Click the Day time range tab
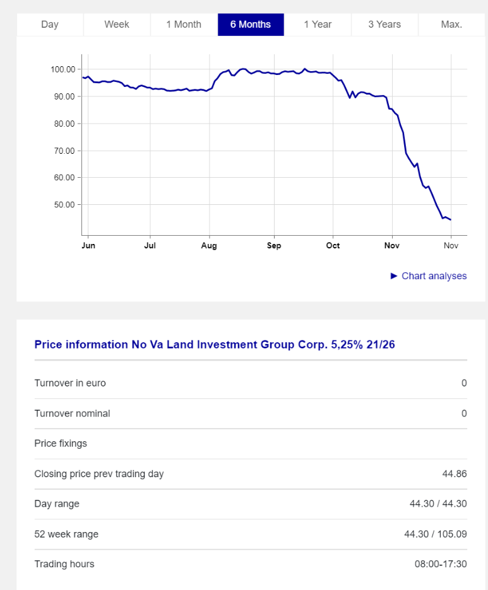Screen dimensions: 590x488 50,25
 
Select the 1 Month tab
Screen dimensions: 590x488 184,25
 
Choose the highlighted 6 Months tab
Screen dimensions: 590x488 251,25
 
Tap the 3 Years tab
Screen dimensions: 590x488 384,25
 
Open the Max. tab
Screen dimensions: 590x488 451,25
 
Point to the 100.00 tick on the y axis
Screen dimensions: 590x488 62,69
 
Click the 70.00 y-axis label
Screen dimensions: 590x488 62,151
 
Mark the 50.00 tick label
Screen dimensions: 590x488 62,205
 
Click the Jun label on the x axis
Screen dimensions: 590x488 88,246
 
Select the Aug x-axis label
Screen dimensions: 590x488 209,246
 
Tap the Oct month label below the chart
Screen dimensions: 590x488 333,246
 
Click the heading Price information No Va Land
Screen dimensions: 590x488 215,345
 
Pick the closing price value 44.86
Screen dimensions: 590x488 455,474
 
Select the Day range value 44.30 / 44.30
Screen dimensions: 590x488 438,504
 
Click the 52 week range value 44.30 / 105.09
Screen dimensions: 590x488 436,535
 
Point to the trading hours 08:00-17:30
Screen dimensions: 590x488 441,564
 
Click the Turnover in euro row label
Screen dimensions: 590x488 70,383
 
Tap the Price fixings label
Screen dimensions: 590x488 61,444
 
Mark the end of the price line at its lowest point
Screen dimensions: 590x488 450,220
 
